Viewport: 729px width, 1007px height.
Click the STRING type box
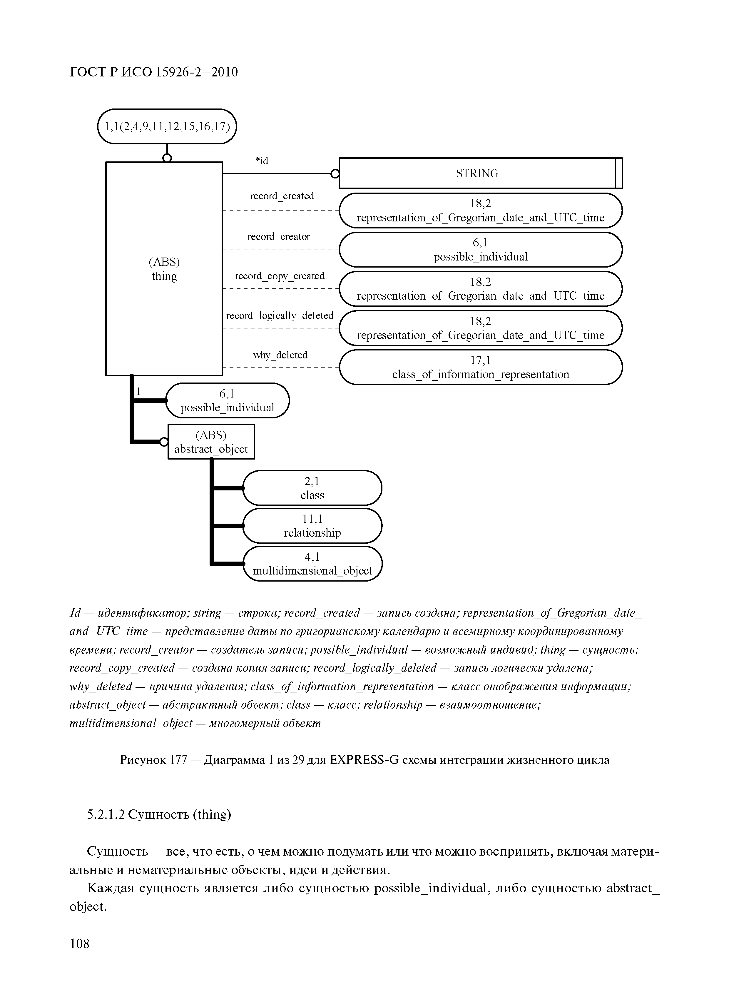pyautogui.click(x=477, y=173)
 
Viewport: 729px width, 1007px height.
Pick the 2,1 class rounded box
pyautogui.click(x=312, y=488)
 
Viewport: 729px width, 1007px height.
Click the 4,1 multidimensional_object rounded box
pyautogui.click(x=312, y=564)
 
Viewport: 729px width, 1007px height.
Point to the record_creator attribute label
pyautogui.click(x=279, y=237)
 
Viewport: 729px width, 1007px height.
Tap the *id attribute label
pyautogui.click(x=262, y=161)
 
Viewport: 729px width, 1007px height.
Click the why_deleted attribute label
pyautogui.click(x=280, y=355)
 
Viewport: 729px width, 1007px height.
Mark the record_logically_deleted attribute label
pyautogui.click(x=280, y=316)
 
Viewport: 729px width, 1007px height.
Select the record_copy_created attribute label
pyautogui.click(x=280, y=276)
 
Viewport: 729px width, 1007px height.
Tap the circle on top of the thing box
pyautogui.click(x=167, y=158)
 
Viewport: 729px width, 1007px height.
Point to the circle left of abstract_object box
pyautogui.click(x=164, y=442)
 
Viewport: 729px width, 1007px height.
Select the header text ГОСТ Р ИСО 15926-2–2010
pyautogui.click(x=154, y=72)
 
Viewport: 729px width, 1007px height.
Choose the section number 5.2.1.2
pyautogui.click(x=105, y=814)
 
